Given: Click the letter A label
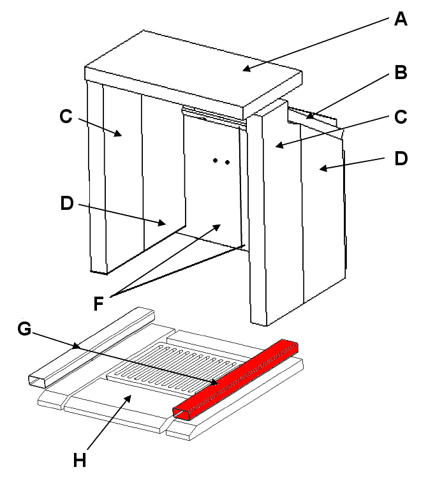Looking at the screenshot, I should coord(400,18).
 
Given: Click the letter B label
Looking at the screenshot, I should coord(401,72).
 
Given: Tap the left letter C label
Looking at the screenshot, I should coord(65,116).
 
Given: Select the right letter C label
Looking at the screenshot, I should coord(401,117).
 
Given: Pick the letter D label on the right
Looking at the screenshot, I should coord(401,158).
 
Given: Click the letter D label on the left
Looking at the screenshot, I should coord(66,203).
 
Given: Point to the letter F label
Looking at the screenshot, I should coord(98,303).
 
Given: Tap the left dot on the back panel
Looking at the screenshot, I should coord(216,161).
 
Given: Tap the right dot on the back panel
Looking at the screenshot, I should coord(227,162).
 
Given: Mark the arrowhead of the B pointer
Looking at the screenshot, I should coord(307,117).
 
